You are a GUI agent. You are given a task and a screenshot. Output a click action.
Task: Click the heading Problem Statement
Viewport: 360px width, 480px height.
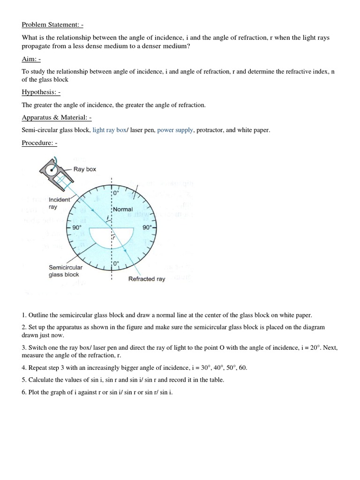[x=52, y=25]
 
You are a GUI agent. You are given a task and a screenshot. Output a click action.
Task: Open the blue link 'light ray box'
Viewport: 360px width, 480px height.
[x=110, y=130]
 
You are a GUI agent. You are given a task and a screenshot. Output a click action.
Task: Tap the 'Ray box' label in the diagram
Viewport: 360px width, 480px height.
[x=84, y=169]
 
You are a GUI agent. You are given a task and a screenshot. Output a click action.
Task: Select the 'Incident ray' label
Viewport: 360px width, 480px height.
[x=60, y=203]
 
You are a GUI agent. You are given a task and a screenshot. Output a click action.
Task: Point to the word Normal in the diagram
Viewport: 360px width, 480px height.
[x=123, y=209]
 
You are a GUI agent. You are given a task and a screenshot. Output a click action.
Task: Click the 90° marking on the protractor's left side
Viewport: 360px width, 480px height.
[x=77, y=227]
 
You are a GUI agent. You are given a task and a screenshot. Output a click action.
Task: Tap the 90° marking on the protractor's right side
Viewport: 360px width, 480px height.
[x=147, y=227]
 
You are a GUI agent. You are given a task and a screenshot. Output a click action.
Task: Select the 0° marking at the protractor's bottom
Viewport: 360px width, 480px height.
[x=116, y=263]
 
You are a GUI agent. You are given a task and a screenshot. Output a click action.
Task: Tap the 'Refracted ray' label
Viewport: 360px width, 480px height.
[x=147, y=279]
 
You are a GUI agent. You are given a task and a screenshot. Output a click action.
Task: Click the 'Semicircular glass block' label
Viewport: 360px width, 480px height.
[x=66, y=271]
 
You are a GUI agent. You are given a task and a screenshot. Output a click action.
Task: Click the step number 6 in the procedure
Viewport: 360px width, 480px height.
[x=24, y=392]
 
